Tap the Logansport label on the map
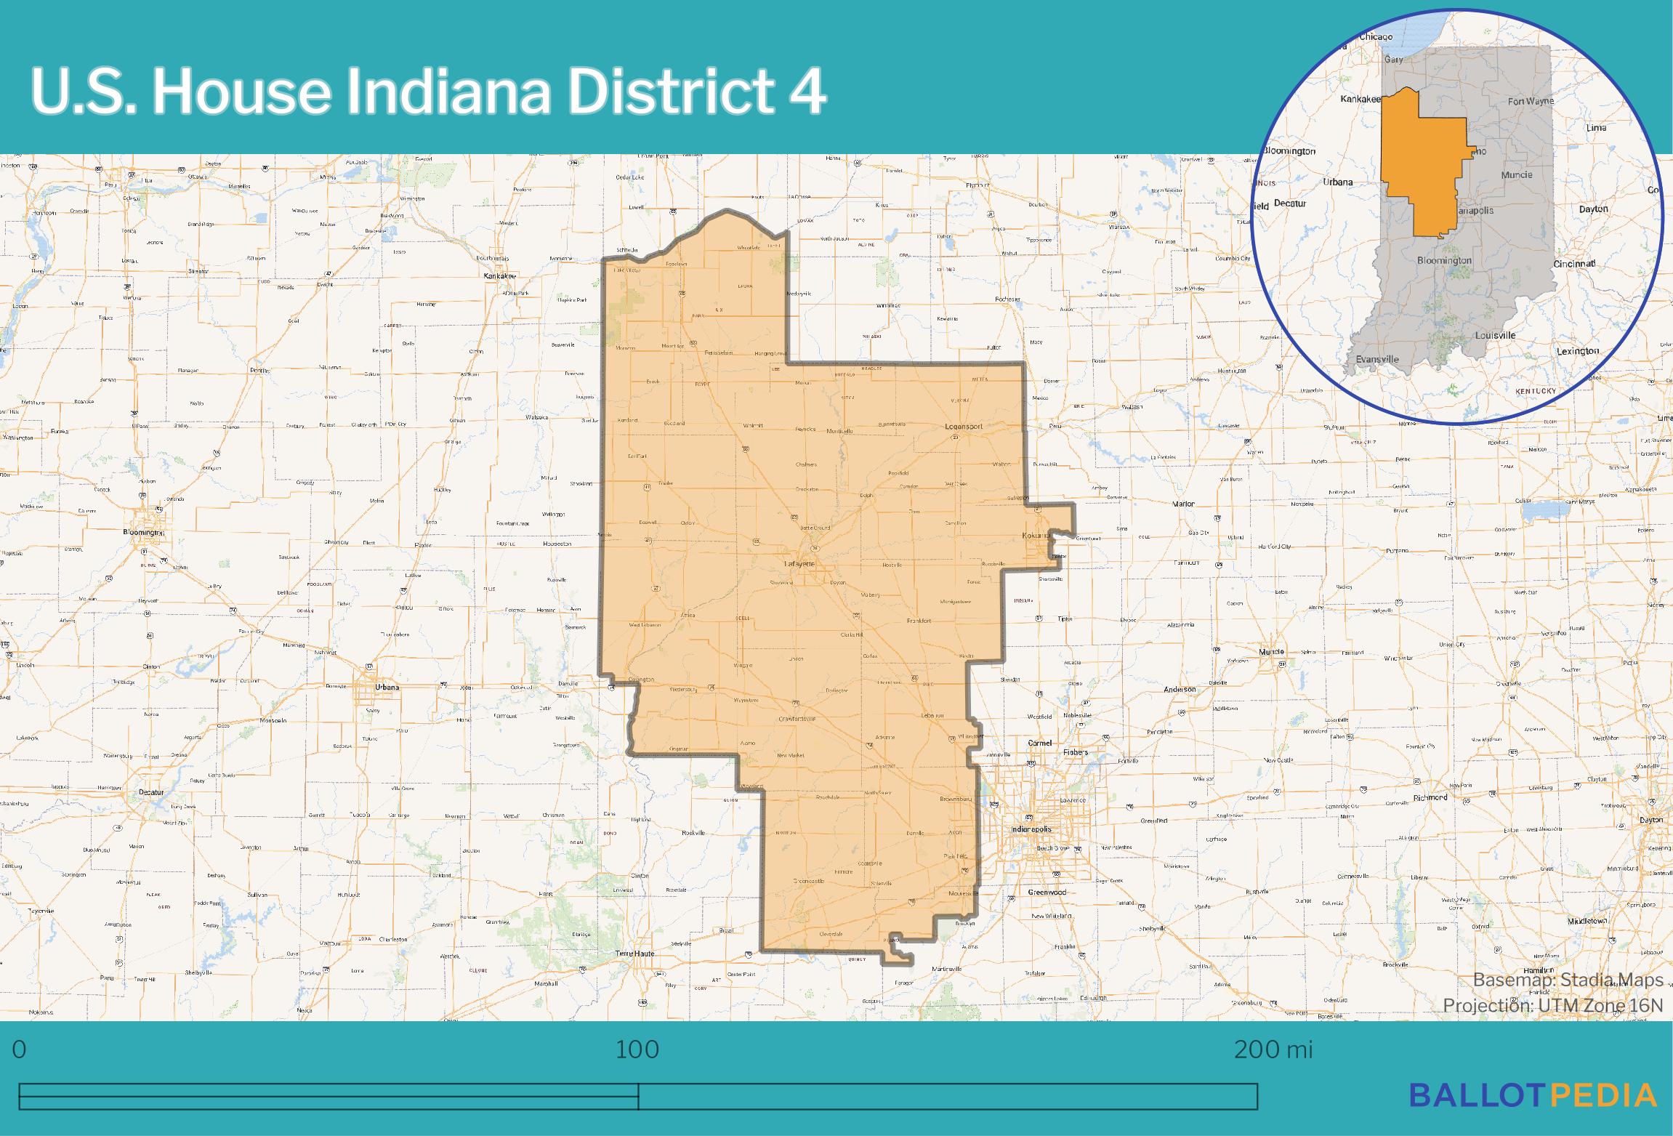coord(963,427)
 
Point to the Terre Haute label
coord(635,953)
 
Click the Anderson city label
coord(1180,689)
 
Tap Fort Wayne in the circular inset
coord(1531,101)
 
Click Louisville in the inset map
coord(1495,335)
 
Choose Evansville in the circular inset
coord(1377,359)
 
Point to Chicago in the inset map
coord(1376,37)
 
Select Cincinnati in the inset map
coord(1574,263)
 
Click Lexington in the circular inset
coord(1598,351)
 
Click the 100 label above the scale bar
coord(637,1050)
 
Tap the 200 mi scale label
coord(1273,1050)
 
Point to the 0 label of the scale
coord(20,1050)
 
